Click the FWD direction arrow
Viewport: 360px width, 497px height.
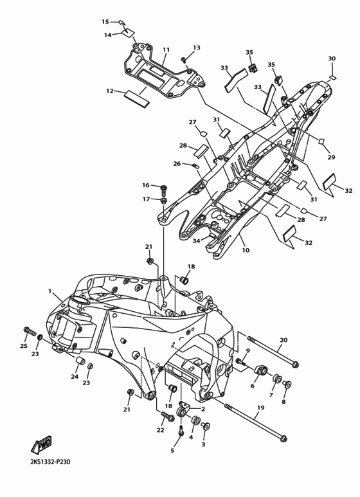[41, 445]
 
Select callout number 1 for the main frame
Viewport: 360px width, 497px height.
[50, 291]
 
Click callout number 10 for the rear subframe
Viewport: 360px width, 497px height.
[246, 250]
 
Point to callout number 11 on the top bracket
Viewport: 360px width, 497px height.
[166, 50]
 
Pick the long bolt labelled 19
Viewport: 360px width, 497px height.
[256, 422]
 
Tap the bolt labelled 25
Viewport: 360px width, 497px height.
[29, 332]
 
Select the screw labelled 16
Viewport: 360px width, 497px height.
[164, 188]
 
